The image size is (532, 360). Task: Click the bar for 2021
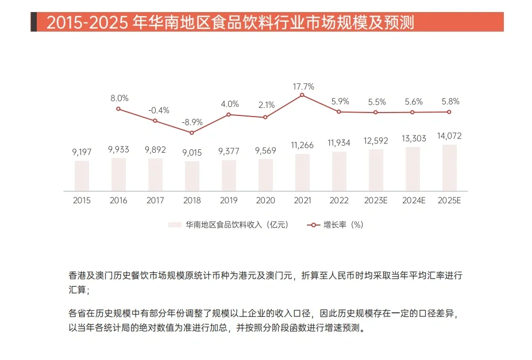click(302, 172)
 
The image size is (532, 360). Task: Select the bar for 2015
click(82, 176)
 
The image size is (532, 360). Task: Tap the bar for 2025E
click(449, 168)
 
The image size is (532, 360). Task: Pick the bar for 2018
click(192, 176)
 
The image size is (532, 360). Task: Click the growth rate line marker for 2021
click(302, 94)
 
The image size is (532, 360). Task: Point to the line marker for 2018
click(192, 133)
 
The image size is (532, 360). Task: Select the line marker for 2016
click(118, 109)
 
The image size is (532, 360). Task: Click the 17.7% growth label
click(303, 87)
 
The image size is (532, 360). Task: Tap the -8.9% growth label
click(192, 122)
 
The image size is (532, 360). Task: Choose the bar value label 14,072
click(449, 136)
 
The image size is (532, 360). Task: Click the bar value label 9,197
click(82, 152)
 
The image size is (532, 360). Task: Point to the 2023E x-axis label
click(376, 200)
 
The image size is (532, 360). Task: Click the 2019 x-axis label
click(229, 200)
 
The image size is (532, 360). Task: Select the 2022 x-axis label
click(339, 200)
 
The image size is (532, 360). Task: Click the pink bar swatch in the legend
click(175, 225)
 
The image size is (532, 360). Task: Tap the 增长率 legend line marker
click(314, 225)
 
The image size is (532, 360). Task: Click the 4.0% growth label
click(229, 104)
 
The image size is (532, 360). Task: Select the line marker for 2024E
click(413, 112)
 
